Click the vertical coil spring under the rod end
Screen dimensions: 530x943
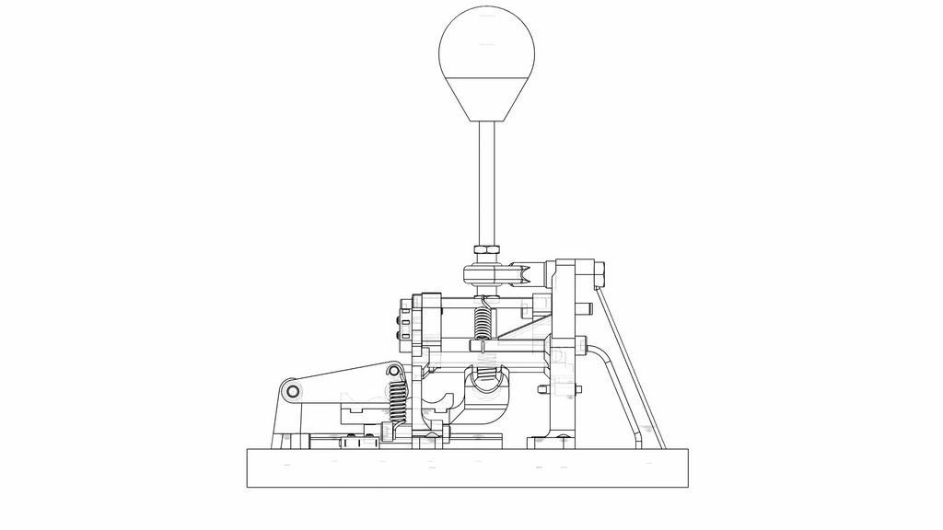point(482,322)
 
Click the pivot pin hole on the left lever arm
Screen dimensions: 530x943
point(293,391)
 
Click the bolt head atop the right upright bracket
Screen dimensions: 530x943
point(600,273)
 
